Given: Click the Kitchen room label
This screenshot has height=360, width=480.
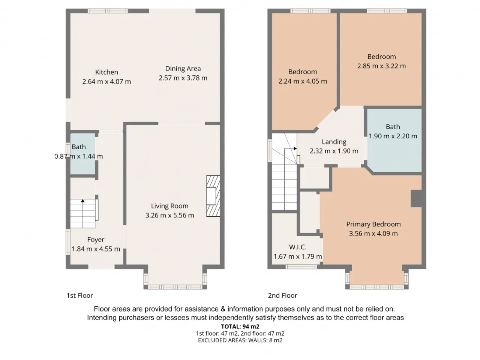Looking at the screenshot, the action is coord(106,72).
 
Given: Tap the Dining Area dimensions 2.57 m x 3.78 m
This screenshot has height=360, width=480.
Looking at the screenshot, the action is coord(183,78).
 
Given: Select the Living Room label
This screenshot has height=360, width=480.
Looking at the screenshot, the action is coord(169,206).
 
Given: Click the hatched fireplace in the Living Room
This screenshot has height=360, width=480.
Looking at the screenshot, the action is coord(213,196).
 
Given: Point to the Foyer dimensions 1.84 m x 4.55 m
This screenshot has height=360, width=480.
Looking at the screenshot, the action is coord(96,249).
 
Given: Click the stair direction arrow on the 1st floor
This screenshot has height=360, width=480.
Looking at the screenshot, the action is coord(82,201).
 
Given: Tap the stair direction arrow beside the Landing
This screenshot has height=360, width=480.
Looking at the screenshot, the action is coord(295,148).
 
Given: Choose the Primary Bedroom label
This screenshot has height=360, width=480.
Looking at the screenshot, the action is coord(373,224).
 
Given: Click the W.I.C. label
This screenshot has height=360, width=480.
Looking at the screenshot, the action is coord(297,247).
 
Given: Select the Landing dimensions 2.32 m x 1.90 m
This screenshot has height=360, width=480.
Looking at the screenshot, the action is coord(334,151).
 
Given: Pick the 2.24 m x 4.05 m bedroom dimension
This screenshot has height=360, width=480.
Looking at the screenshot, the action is coord(302,81).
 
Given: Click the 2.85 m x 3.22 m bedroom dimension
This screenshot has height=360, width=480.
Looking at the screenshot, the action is coord(381,66).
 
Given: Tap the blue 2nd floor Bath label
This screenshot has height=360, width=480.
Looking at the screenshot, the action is coord(393,127).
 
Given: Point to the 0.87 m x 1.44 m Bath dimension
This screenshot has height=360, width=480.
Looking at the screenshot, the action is coord(78,156).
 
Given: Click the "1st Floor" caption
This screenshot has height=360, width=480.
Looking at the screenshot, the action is coord(80,295).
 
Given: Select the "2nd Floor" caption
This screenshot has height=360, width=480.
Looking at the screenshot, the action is coord(282,295).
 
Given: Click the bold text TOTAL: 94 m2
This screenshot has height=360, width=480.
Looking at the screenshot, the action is coord(240,327).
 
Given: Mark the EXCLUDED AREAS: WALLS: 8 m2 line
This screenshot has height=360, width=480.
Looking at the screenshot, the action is coord(240,340).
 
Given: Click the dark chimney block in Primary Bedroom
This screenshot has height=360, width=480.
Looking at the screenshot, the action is coord(416,198).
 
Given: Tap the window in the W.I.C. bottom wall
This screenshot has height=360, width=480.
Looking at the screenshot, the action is coord(301,267).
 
